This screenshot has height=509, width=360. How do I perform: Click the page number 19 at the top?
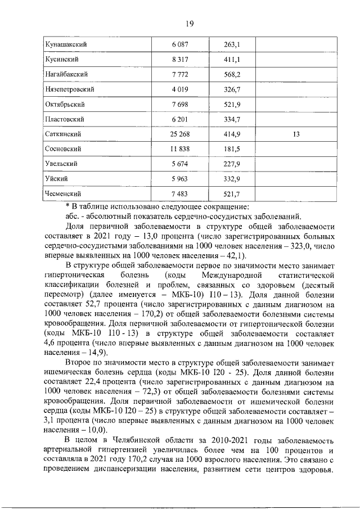pos(190,23)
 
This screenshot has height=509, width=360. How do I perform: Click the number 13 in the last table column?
pos(296,134)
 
